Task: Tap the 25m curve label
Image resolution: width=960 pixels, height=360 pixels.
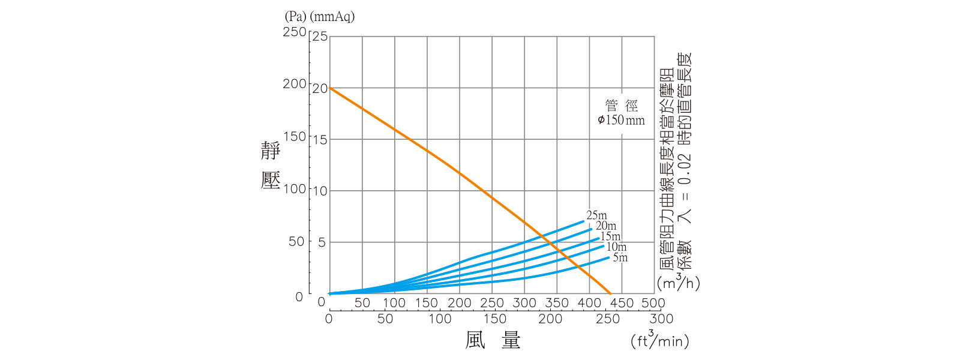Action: click(x=596, y=215)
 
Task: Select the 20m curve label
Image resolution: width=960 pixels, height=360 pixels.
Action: click(x=606, y=226)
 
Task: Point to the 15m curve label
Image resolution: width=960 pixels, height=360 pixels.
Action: click(x=611, y=236)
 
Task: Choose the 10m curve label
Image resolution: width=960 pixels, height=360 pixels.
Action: click(x=616, y=247)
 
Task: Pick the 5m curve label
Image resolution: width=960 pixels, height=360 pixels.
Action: click(x=620, y=257)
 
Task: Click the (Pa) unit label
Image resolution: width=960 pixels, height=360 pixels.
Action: click(x=296, y=17)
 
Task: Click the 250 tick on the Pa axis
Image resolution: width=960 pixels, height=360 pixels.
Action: click(x=295, y=32)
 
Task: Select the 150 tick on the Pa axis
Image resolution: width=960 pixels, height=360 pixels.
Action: click(x=295, y=136)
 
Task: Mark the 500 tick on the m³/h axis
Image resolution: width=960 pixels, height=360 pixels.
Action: click(x=653, y=303)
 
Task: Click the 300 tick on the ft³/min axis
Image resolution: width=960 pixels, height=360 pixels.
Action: click(x=661, y=319)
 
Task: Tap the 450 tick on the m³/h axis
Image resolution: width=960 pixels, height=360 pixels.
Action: click(x=621, y=303)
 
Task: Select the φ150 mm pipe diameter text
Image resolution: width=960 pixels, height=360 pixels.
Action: click(x=621, y=120)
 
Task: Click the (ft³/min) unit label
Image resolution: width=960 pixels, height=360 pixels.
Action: click(x=660, y=340)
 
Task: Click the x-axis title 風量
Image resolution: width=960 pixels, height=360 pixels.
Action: click(x=493, y=340)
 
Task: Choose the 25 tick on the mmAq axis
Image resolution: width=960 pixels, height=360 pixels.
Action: click(x=320, y=37)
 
